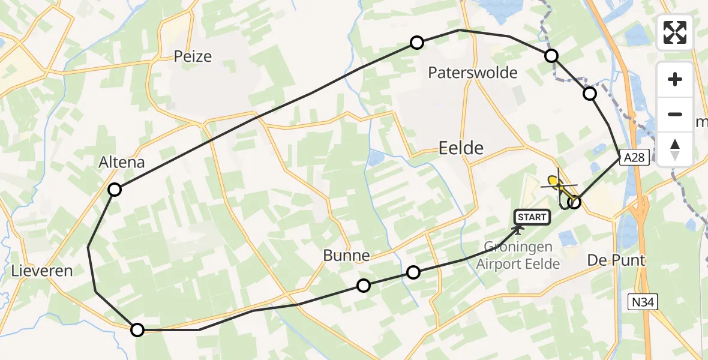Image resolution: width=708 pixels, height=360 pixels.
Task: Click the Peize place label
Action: click(x=193, y=56)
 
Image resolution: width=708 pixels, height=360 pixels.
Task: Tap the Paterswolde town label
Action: click(x=473, y=73)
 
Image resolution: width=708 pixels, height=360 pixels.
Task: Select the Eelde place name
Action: click(x=461, y=148)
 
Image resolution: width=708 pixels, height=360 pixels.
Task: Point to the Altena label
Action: click(x=122, y=162)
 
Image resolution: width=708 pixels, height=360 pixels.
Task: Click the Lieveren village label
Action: click(x=42, y=271)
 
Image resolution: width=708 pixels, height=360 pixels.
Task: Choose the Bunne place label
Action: click(x=346, y=255)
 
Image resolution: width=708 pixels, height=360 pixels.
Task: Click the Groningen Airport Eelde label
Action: click(x=518, y=256)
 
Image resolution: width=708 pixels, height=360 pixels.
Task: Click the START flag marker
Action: click(x=531, y=217)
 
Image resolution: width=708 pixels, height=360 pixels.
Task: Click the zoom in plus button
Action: click(x=675, y=79)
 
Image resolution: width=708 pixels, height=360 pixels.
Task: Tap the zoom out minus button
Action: click(x=675, y=114)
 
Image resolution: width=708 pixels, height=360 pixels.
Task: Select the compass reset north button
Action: click(x=675, y=149)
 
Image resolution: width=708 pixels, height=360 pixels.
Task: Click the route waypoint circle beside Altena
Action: click(x=114, y=190)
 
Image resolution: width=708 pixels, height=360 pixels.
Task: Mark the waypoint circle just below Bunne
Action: click(x=363, y=286)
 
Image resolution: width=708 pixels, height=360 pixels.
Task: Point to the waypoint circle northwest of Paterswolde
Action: click(x=416, y=42)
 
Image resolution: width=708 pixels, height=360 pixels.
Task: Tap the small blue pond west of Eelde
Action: click(x=376, y=158)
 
